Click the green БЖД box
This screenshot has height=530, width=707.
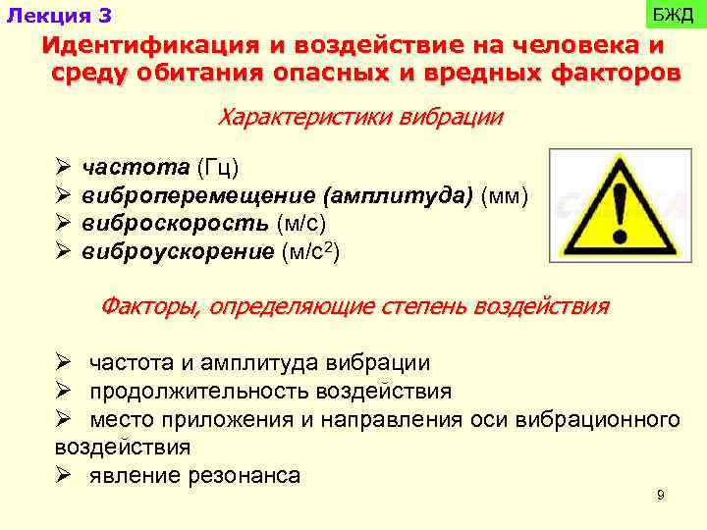(x=673, y=15)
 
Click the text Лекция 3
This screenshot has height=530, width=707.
(x=59, y=16)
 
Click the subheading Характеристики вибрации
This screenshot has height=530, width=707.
(x=359, y=118)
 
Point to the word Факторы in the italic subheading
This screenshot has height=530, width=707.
(x=150, y=306)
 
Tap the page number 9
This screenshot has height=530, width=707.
(x=660, y=496)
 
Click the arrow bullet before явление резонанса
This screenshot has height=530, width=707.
(x=65, y=476)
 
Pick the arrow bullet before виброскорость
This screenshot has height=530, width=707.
(x=65, y=225)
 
